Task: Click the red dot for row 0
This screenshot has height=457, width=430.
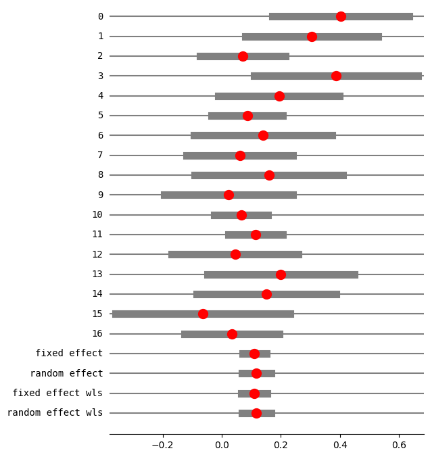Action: pyautogui.click(x=341, y=16)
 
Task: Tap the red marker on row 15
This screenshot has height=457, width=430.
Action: pyautogui.click(x=203, y=314)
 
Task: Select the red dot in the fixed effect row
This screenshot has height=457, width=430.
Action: pyautogui.click(x=254, y=354)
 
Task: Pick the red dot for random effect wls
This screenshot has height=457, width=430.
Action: pyautogui.click(x=256, y=413)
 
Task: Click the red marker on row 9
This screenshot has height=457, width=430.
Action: pyautogui.click(x=229, y=195)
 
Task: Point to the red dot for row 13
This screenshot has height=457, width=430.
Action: pyautogui.click(x=281, y=274)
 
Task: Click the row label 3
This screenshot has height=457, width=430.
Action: pyautogui.click(x=100, y=76)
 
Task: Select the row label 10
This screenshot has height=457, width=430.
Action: pyautogui.click(x=97, y=214)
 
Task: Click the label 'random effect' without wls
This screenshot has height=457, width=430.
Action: pyautogui.click(x=66, y=373)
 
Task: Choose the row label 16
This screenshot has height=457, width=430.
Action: pyautogui.click(x=97, y=333)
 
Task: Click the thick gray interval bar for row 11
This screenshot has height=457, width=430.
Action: pyautogui.click(x=270, y=235)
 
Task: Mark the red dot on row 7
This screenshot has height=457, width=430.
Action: pyautogui.click(x=240, y=155)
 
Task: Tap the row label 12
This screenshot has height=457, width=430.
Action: pyautogui.click(x=97, y=254)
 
